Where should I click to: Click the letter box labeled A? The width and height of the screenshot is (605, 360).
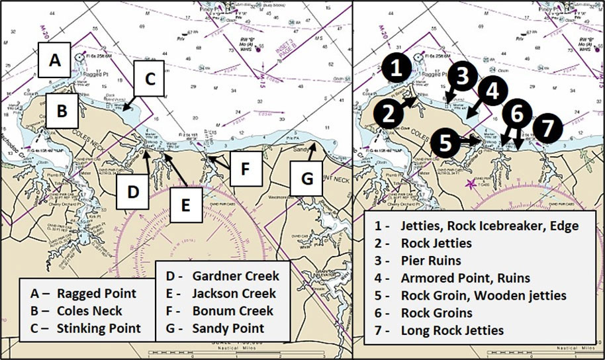(56, 60)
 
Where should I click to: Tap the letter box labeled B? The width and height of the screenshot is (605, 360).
(62, 111)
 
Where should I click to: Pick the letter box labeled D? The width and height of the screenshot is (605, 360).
(133, 193)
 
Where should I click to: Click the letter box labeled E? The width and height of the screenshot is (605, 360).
(187, 204)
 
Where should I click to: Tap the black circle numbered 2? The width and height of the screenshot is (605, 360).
(391, 112)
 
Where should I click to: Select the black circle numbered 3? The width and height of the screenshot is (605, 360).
(463, 76)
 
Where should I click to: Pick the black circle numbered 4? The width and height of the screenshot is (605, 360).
(490, 91)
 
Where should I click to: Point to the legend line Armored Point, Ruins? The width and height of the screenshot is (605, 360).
(457, 277)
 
